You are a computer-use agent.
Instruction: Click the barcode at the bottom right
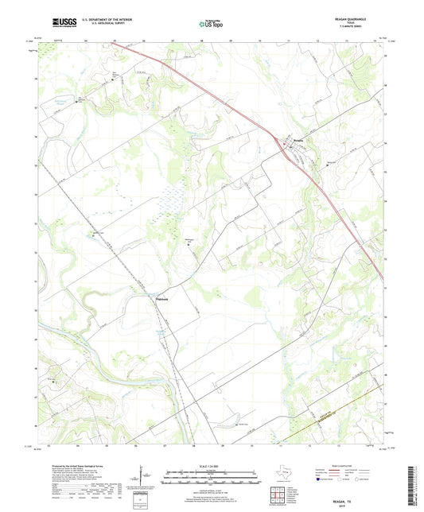point(411,485)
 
